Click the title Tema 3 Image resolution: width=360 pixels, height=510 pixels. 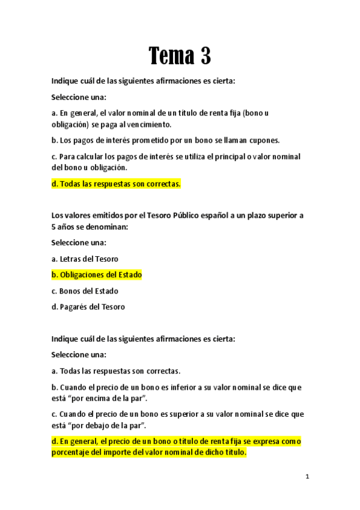(180, 57)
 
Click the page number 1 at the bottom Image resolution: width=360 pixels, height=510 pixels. (307, 477)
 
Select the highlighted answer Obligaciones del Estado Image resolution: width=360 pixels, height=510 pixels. (97, 275)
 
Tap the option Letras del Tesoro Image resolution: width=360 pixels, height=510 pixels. (85, 259)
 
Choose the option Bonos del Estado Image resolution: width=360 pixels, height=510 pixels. (85, 291)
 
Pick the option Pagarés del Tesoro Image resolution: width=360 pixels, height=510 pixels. (88, 307)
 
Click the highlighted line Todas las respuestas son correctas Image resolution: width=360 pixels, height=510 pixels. (116, 184)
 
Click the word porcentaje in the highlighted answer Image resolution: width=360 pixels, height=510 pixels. (72, 453)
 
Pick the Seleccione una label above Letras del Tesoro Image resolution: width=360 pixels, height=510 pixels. (79, 242)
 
